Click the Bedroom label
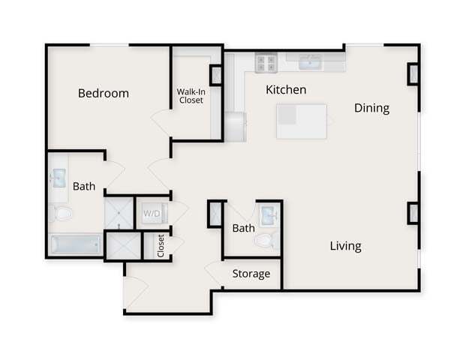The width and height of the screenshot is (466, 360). pyautogui.click(x=104, y=94)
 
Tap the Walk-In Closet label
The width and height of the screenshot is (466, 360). pyautogui.click(x=190, y=96)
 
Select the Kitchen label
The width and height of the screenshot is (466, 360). pyautogui.click(x=286, y=90)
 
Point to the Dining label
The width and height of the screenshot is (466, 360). pyautogui.click(x=371, y=108)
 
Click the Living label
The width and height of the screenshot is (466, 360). pyautogui.click(x=345, y=246)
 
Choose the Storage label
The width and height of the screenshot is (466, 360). pyautogui.click(x=251, y=274)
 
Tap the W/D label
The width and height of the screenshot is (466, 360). pyautogui.click(x=152, y=214)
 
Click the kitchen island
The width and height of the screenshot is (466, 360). pyautogui.click(x=302, y=121)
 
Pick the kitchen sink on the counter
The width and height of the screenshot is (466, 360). pyautogui.click(x=309, y=61)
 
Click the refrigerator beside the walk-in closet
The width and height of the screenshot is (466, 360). pyautogui.click(x=236, y=126)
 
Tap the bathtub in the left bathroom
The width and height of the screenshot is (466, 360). pyautogui.click(x=75, y=245)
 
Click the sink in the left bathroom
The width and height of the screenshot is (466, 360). pyautogui.click(x=59, y=178)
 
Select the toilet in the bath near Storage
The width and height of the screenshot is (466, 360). pyautogui.click(x=263, y=240)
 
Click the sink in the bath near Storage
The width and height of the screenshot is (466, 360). pyautogui.click(x=268, y=214)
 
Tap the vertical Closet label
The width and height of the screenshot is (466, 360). pyautogui.click(x=161, y=245)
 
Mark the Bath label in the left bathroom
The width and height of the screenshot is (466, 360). pyautogui.click(x=84, y=186)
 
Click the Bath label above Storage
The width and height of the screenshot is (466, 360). pyautogui.click(x=243, y=228)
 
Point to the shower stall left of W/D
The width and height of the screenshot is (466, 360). pyautogui.click(x=119, y=213)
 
